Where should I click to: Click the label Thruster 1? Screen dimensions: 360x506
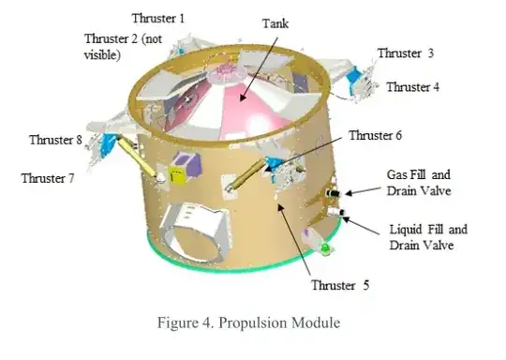(158, 18)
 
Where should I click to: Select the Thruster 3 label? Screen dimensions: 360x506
(405, 53)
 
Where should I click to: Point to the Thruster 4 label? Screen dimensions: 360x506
(412, 87)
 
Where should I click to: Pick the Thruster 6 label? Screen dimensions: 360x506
(375, 136)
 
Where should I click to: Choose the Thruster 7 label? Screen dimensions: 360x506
(48, 177)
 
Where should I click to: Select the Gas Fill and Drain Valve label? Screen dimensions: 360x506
(419, 183)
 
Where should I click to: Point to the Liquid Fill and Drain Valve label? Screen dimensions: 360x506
(427, 236)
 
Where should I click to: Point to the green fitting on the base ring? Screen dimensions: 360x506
(325, 248)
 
